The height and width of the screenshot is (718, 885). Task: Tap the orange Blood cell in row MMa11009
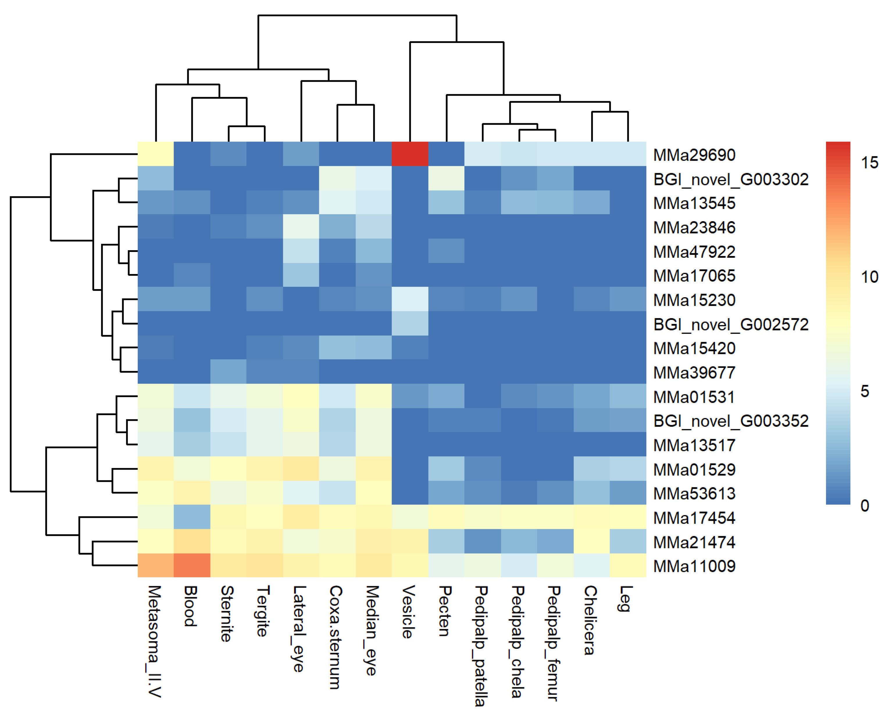[x=192, y=565]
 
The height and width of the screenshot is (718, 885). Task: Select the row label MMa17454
[x=694, y=518]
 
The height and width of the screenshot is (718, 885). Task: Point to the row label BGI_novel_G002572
[x=730, y=324]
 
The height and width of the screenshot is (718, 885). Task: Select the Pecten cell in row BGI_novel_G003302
[x=446, y=178]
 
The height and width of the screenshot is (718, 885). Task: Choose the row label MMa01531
[x=694, y=397]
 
